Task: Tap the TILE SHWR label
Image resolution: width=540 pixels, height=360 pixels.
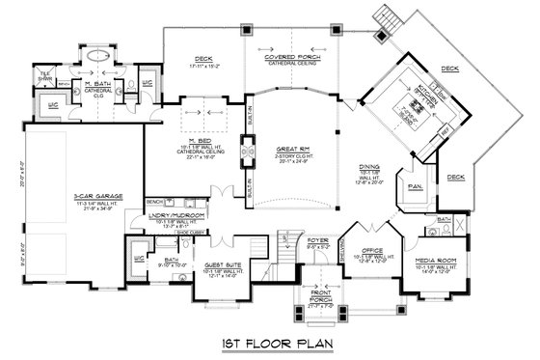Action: point(44,74)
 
